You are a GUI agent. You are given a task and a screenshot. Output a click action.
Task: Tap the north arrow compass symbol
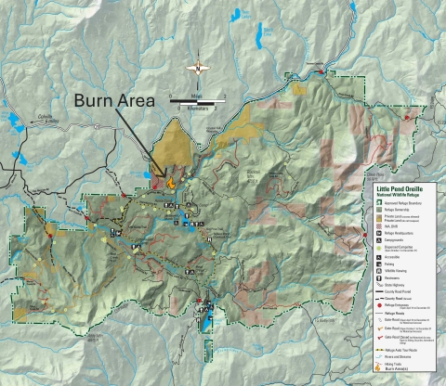[x=197, y=67]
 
